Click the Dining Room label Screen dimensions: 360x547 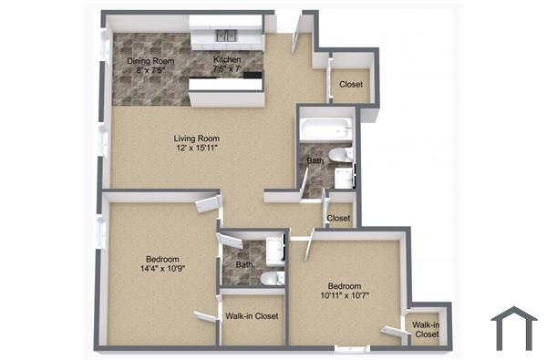(x=149, y=60)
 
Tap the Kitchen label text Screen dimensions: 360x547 (x=227, y=60)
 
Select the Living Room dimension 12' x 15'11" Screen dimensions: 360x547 (x=197, y=149)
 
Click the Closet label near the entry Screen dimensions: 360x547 (x=351, y=85)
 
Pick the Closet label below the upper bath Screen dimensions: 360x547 (x=338, y=218)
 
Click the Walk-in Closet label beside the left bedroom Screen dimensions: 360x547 (x=251, y=316)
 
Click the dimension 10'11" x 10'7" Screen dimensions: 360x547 (x=346, y=294)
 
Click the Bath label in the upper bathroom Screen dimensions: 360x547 (x=315, y=161)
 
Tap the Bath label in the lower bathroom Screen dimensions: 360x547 (x=244, y=265)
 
